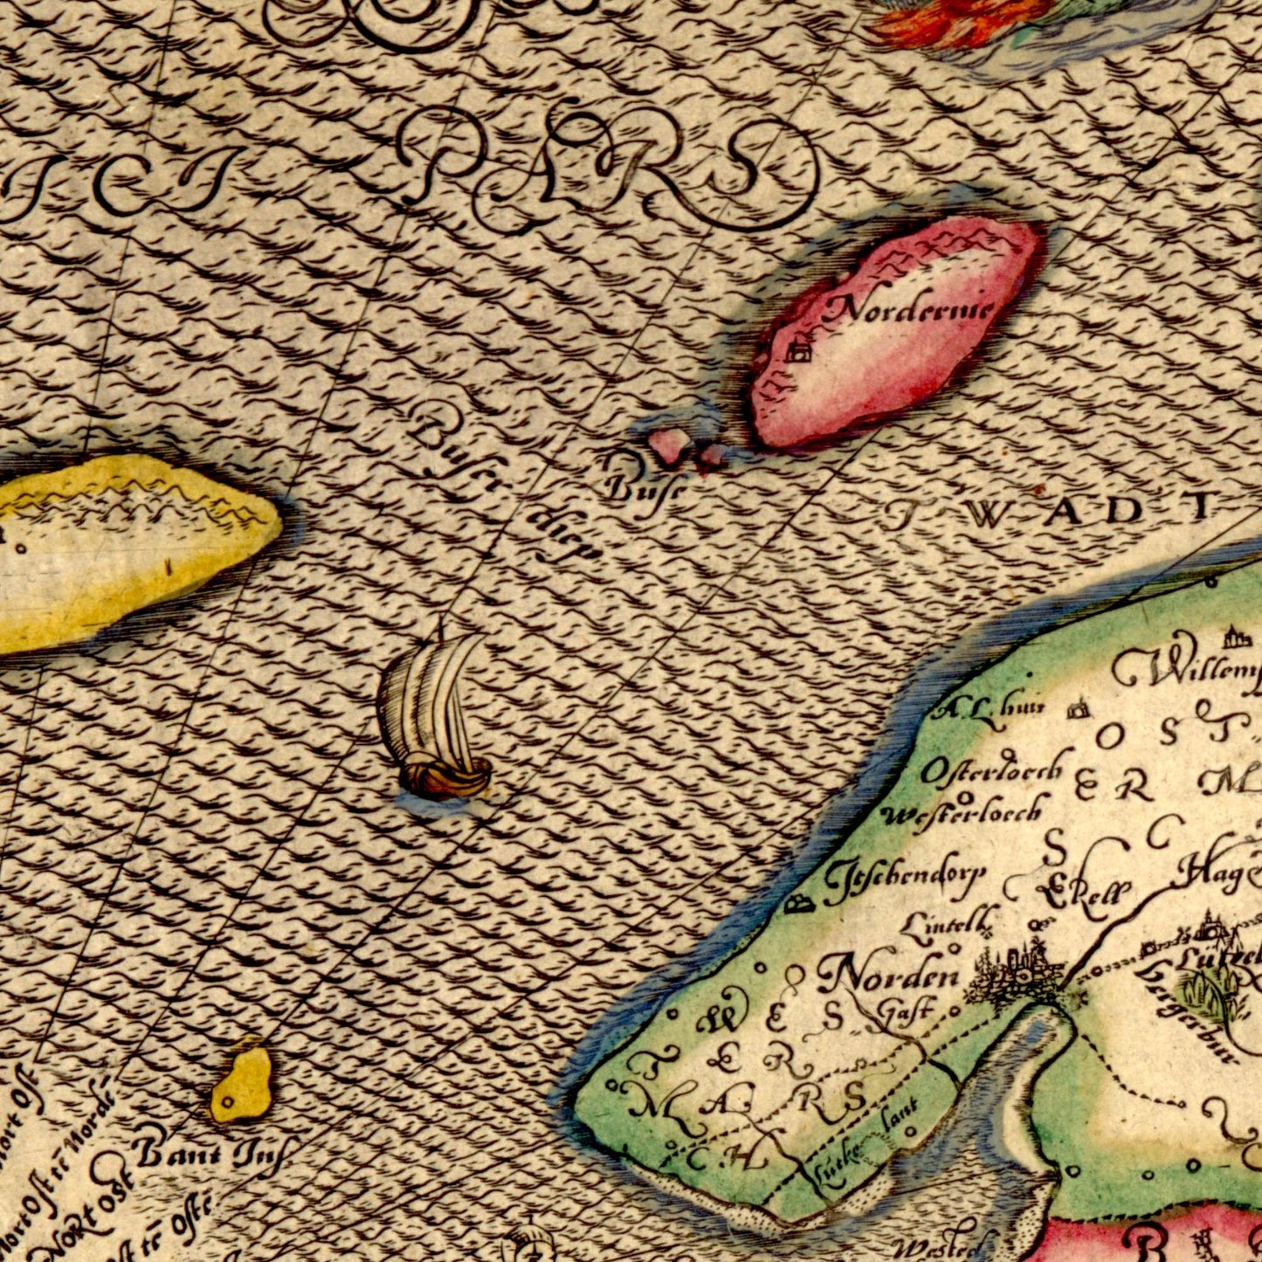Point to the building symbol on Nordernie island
click(x=797, y=353)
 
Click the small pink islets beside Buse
click(x=685, y=448)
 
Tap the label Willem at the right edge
click(x=1188, y=670)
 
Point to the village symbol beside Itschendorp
click(x=797, y=905)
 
